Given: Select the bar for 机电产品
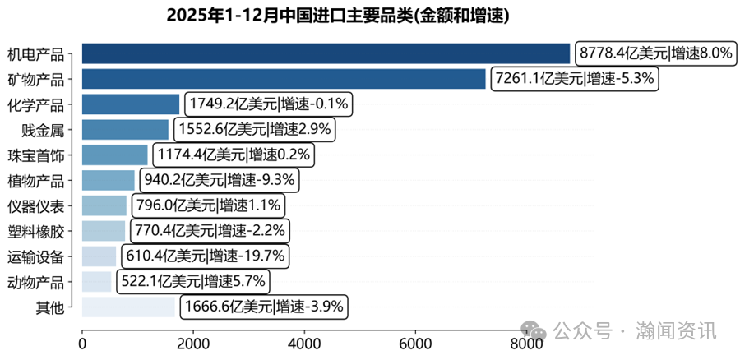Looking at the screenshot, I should (326, 53).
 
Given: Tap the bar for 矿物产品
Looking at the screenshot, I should (284, 79).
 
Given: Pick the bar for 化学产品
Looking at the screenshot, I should (131, 104).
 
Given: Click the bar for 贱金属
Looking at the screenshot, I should (125, 130).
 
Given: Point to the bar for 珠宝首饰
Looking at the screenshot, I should (114, 155).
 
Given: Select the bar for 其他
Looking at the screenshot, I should (128, 307).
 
